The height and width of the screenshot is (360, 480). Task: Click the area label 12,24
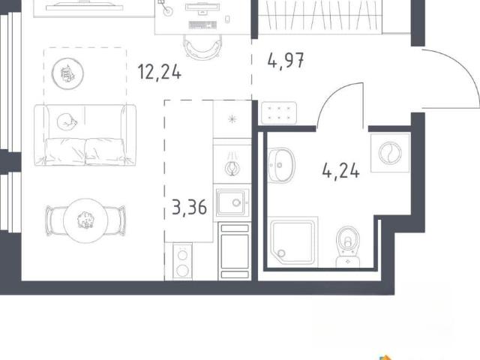pyautogui.click(x=160, y=72)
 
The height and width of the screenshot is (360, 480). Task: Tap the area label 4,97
pyautogui.click(x=286, y=60)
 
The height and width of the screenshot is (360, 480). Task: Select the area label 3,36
pyautogui.click(x=190, y=207)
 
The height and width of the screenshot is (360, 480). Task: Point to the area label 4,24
pyautogui.click(x=340, y=170)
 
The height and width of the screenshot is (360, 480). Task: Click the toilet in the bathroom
pyautogui.click(x=347, y=247)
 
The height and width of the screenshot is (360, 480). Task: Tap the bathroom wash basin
pyautogui.click(x=281, y=165)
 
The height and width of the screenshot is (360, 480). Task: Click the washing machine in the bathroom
pyautogui.click(x=390, y=152)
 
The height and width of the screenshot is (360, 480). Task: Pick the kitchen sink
pyautogui.click(x=232, y=202)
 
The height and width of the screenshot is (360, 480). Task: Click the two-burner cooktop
pyautogui.click(x=182, y=262)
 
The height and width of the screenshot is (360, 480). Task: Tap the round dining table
pyautogui.click(x=85, y=220)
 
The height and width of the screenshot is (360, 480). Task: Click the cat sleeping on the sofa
pyautogui.click(x=67, y=121)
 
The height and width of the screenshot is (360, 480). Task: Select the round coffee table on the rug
pyautogui.click(x=67, y=73)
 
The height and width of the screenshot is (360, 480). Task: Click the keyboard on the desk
pyautogui.click(x=202, y=25)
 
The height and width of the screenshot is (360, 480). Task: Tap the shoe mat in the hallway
pyautogui.click(x=279, y=112)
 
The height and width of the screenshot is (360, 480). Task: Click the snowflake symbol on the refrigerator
pyautogui.click(x=232, y=118)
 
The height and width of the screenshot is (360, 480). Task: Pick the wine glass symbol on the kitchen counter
pyautogui.click(x=232, y=164)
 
